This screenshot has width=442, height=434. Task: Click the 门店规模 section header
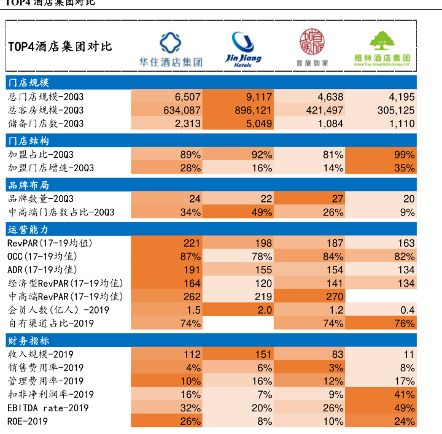point(28,83)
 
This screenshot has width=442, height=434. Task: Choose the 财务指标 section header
point(28,341)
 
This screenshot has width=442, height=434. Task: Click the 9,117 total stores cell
point(238,97)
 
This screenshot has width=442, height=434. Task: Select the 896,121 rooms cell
point(238,110)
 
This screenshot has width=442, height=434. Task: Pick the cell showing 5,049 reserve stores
point(238,124)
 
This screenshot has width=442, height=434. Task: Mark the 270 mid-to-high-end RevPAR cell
point(309,297)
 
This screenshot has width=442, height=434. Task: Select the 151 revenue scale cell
point(238,354)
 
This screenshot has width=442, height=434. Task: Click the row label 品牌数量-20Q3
point(41,199)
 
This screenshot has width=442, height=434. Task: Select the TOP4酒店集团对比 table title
point(60,47)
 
